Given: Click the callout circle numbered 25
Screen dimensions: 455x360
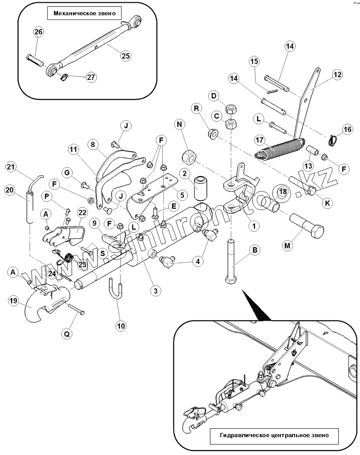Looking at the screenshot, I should [125, 56].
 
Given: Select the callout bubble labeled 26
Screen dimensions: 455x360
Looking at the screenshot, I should [39, 32].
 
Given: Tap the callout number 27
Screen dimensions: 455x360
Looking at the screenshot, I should [91, 77].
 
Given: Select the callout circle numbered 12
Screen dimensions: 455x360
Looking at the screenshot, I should [336, 74].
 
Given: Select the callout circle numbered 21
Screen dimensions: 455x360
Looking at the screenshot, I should [11, 167].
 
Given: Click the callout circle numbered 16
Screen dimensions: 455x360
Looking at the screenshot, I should [347, 129].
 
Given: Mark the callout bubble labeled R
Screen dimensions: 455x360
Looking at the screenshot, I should [197, 108].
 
